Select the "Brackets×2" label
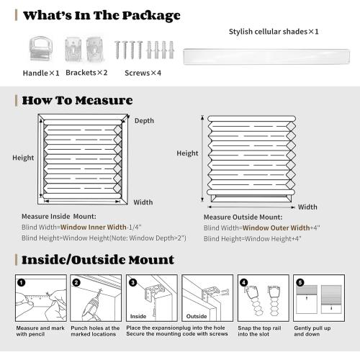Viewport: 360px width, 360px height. (x=86, y=73)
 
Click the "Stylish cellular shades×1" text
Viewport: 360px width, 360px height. (x=274, y=32)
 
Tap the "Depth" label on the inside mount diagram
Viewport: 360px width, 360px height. (x=144, y=120)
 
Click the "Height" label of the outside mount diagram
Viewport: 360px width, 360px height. (x=187, y=153)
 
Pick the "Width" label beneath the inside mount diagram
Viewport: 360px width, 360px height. (x=143, y=202)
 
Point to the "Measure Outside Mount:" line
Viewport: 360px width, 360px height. (x=240, y=216)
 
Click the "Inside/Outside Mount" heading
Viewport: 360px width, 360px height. (x=97, y=259)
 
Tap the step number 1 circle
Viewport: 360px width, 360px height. (x=21, y=282)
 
